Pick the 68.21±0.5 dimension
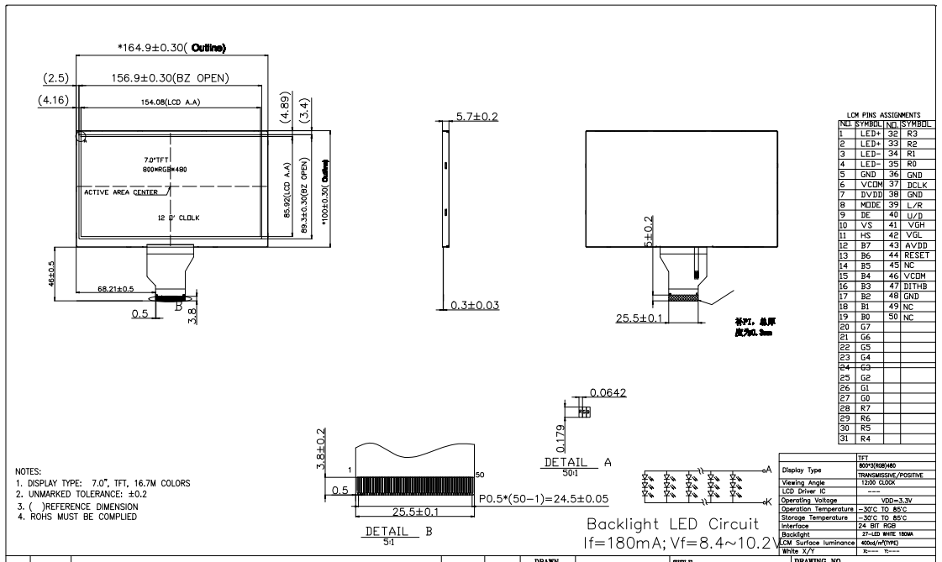tap(116, 288)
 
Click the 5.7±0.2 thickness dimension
tap(476, 116)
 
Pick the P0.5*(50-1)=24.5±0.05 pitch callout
tap(555, 498)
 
